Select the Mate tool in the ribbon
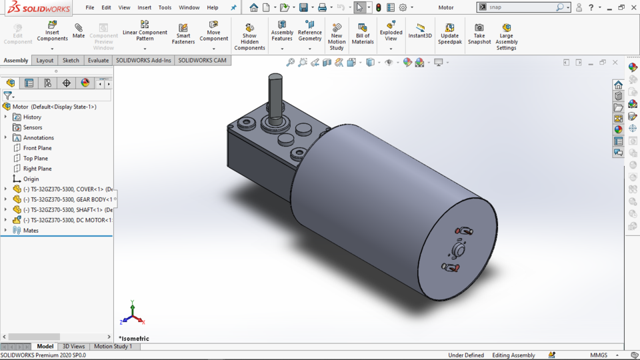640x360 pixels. click(79, 31)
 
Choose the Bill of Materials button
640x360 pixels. click(363, 33)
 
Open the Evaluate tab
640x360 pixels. click(98, 60)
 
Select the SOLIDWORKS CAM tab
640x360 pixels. click(202, 60)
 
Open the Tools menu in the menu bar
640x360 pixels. click(165, 7)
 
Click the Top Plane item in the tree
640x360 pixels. click(35, 159)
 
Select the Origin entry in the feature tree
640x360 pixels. click(31, 179)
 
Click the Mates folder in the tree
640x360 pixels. click(31, 231)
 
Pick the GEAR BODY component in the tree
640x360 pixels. click(67, 199)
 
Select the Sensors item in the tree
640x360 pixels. click(33, 127)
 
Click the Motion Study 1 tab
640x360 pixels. click(113, 347)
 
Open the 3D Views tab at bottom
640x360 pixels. click(73, 347)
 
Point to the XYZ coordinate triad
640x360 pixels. click(132, 313)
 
